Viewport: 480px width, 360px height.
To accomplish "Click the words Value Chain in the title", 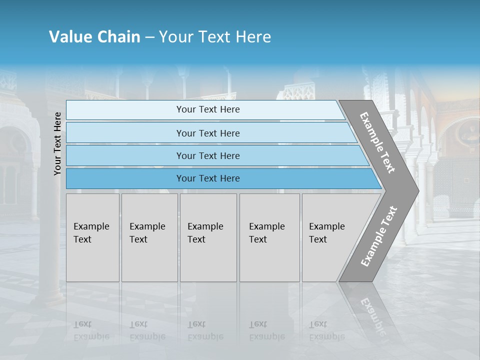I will (x=94, y=37).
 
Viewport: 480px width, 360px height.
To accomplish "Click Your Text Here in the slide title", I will (x=215, y=37).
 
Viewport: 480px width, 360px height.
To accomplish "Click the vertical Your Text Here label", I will (x=57, y=144).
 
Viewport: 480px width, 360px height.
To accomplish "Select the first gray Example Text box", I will (x=92, y=237).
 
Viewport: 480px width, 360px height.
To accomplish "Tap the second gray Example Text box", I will (x=149, y=237).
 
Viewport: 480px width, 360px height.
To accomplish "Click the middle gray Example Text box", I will (x=208, y=237).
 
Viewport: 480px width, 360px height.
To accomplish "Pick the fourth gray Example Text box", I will (x=269, y=237).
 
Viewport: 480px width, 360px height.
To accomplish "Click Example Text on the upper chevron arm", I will (x=377, y=142).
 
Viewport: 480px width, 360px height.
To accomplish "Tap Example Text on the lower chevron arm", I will (x=379, y=236).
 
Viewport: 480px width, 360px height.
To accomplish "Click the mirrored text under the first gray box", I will (x=91, y=331).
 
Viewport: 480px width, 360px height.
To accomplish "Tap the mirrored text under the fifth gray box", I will (x=327, y=331).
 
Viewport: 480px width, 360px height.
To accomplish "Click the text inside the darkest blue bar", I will (x=208, y=178).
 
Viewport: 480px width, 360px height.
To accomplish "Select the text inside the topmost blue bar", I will (x=208, y=109).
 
